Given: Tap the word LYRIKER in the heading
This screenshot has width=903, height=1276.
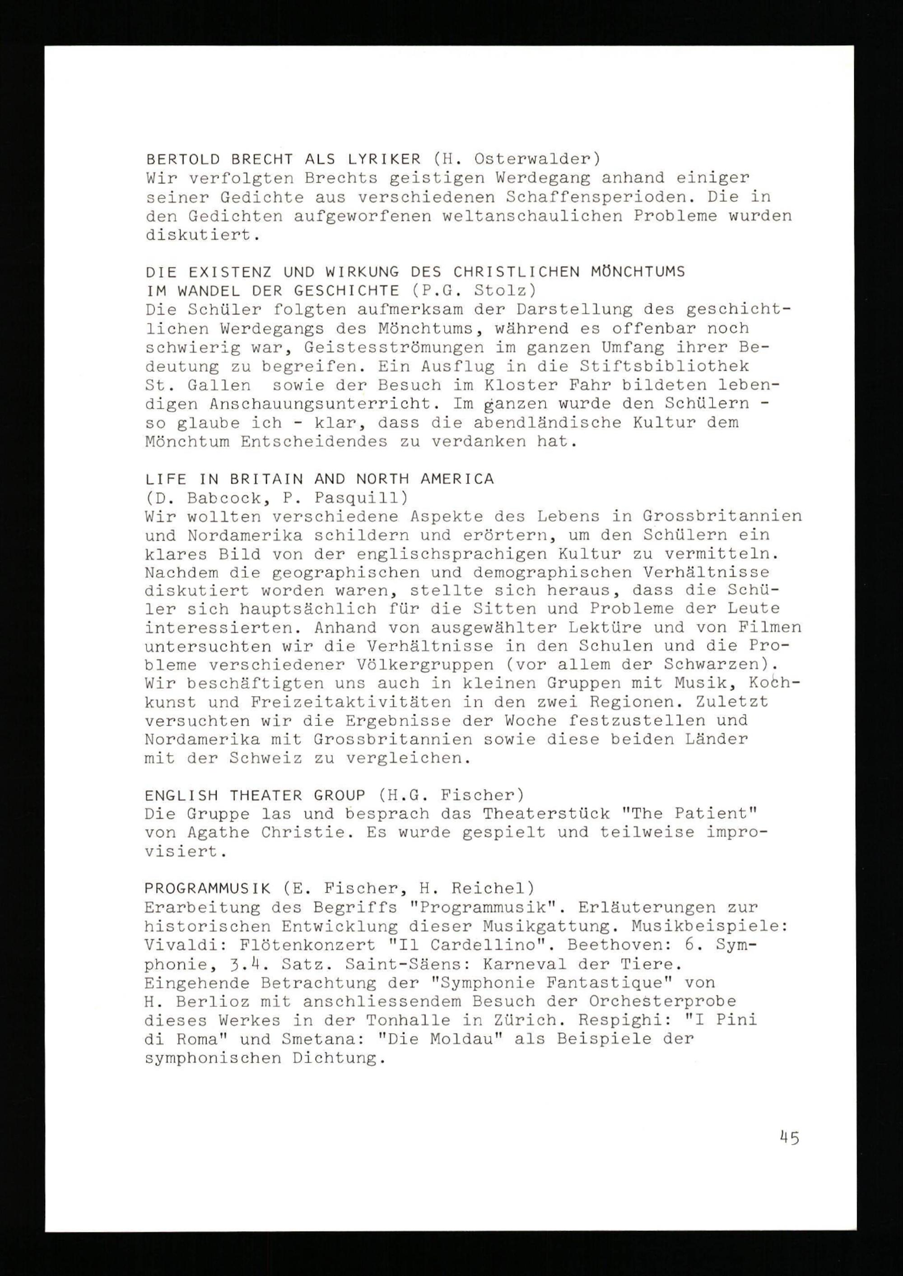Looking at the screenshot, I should click(x=384, y=159).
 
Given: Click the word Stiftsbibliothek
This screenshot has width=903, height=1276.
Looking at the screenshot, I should click(x=665, y=366).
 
